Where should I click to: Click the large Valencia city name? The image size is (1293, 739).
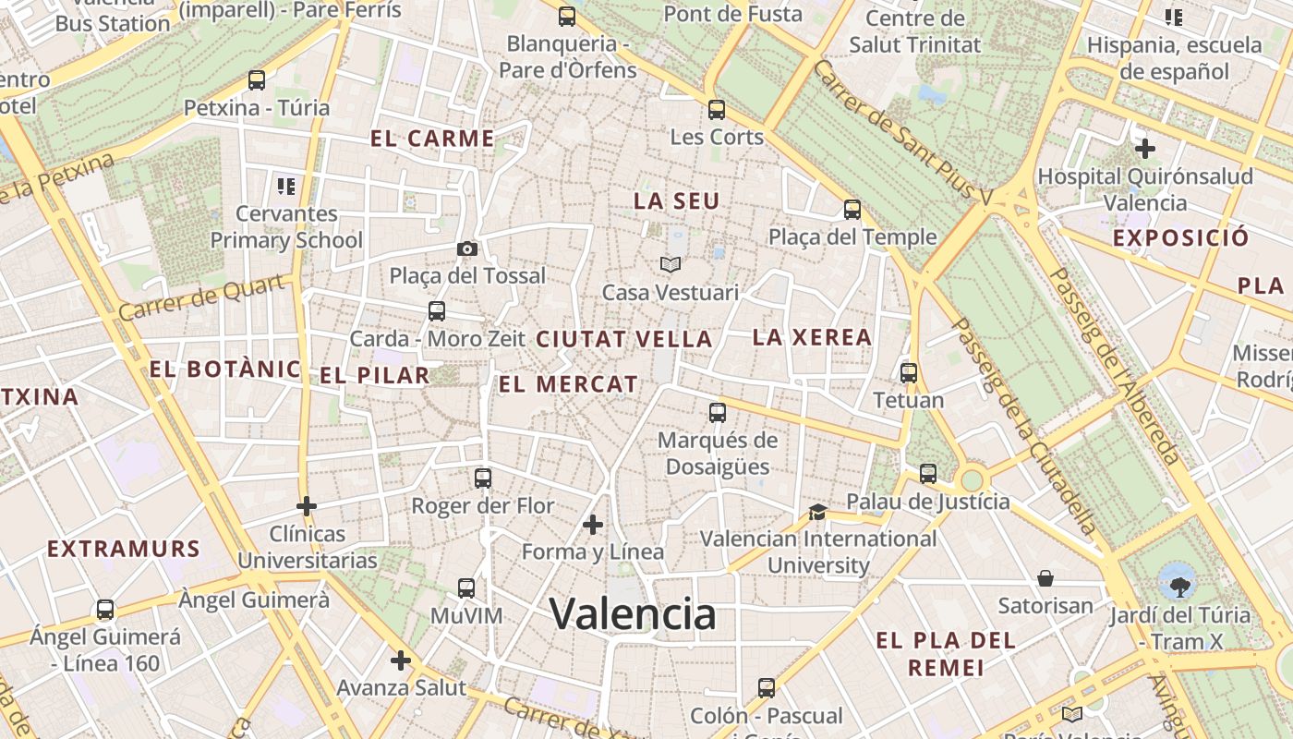(x=633, y=613)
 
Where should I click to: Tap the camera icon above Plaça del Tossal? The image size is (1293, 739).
(x=467, y=248)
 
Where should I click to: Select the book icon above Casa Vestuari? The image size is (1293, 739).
(x=671, y=265)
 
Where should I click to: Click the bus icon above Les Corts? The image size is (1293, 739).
(x=717, y=110)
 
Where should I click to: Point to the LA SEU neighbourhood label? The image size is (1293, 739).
(x=676, y=200)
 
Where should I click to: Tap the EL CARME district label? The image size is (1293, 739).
(x=432, y=139)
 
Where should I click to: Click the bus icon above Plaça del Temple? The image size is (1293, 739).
(x=852, y=210)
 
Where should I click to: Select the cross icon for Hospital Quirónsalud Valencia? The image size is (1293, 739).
(x=1145, y=148)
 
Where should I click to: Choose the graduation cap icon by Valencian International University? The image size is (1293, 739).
(x=817, y=512)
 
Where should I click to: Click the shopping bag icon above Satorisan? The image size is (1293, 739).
(x=1045, y=578)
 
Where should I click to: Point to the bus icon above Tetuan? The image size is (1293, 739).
(x=909, y=373)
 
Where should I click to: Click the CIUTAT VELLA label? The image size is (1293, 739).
(x=624, y=339)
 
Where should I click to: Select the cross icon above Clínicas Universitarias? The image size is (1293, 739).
(x=307, y=506)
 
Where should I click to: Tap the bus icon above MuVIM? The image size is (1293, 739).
(x=466, y=588)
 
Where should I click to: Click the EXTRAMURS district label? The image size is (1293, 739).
(x=124, y=549)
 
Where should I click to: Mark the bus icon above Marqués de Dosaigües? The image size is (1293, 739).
(x=718, y=413)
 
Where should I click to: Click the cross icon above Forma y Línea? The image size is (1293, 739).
(x=593, y=525)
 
